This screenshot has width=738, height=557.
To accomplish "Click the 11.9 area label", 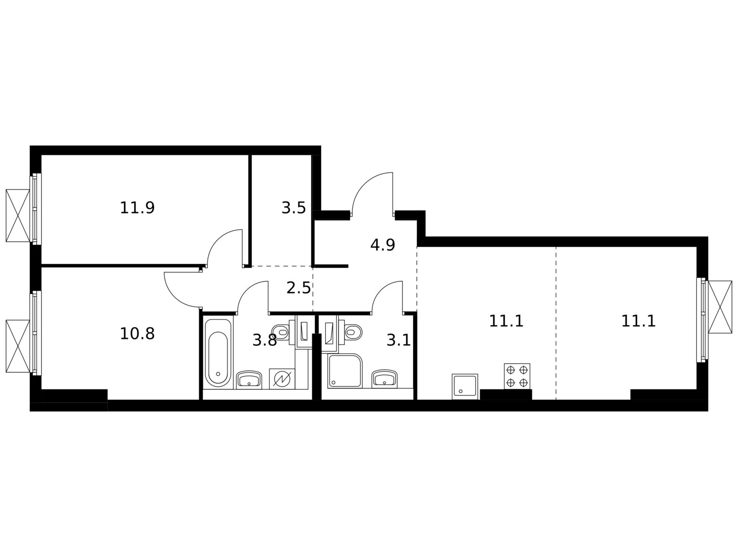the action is click(x=137, y=208).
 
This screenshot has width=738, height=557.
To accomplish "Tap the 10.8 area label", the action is click(x=137, y=334).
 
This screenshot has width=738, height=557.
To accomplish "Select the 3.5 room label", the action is click(x=293, y=208).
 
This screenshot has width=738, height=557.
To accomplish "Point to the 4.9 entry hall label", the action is click(x=382, y=245).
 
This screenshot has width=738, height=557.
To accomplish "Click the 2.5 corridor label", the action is click(x=298, y=288).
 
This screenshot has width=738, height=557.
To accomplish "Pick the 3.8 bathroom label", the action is click(x=265, y=340).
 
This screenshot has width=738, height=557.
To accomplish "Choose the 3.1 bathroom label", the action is click(x=398, y=340).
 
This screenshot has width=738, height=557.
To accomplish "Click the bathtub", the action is click(x=218, y=353).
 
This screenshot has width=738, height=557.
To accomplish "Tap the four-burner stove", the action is click(x=517, y=376).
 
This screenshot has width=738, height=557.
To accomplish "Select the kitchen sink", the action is click(x=465, y=387).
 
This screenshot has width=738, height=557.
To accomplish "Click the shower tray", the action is click(x=345, y=371).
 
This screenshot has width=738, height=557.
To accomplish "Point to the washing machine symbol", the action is click(x=282, y=379).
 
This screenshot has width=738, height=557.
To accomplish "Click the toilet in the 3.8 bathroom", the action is click(x=280, y=332).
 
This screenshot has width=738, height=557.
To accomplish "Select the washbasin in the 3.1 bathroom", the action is click(x=384, y=379).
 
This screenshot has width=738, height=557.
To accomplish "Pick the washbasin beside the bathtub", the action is click(x=249, y=380).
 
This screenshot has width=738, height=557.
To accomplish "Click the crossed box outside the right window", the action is click(x=720, y=307).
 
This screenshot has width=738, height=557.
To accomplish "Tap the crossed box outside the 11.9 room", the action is click(x=18, y=215).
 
